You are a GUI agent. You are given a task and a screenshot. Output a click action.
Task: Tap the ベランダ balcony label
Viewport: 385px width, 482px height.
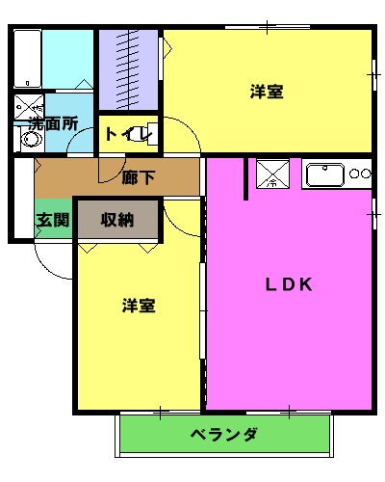point(223,434)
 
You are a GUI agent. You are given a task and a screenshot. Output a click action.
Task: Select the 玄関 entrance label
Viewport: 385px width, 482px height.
point(53,220)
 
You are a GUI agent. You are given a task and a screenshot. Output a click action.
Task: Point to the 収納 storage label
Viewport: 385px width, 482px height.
point(116,220)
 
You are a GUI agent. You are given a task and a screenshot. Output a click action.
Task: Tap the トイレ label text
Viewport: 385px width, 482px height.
point(124,133)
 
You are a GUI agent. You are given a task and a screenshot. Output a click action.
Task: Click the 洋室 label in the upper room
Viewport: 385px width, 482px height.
point(267,92)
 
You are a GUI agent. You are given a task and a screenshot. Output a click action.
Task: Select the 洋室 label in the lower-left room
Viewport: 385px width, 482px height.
point(139,306)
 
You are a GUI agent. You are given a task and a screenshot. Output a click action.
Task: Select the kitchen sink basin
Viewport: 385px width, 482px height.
point(324,174)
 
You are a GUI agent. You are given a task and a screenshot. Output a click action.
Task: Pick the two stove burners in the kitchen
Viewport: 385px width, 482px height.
point(360,174)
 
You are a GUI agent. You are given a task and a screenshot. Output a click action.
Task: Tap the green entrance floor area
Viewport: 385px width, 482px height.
point(53,221)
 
